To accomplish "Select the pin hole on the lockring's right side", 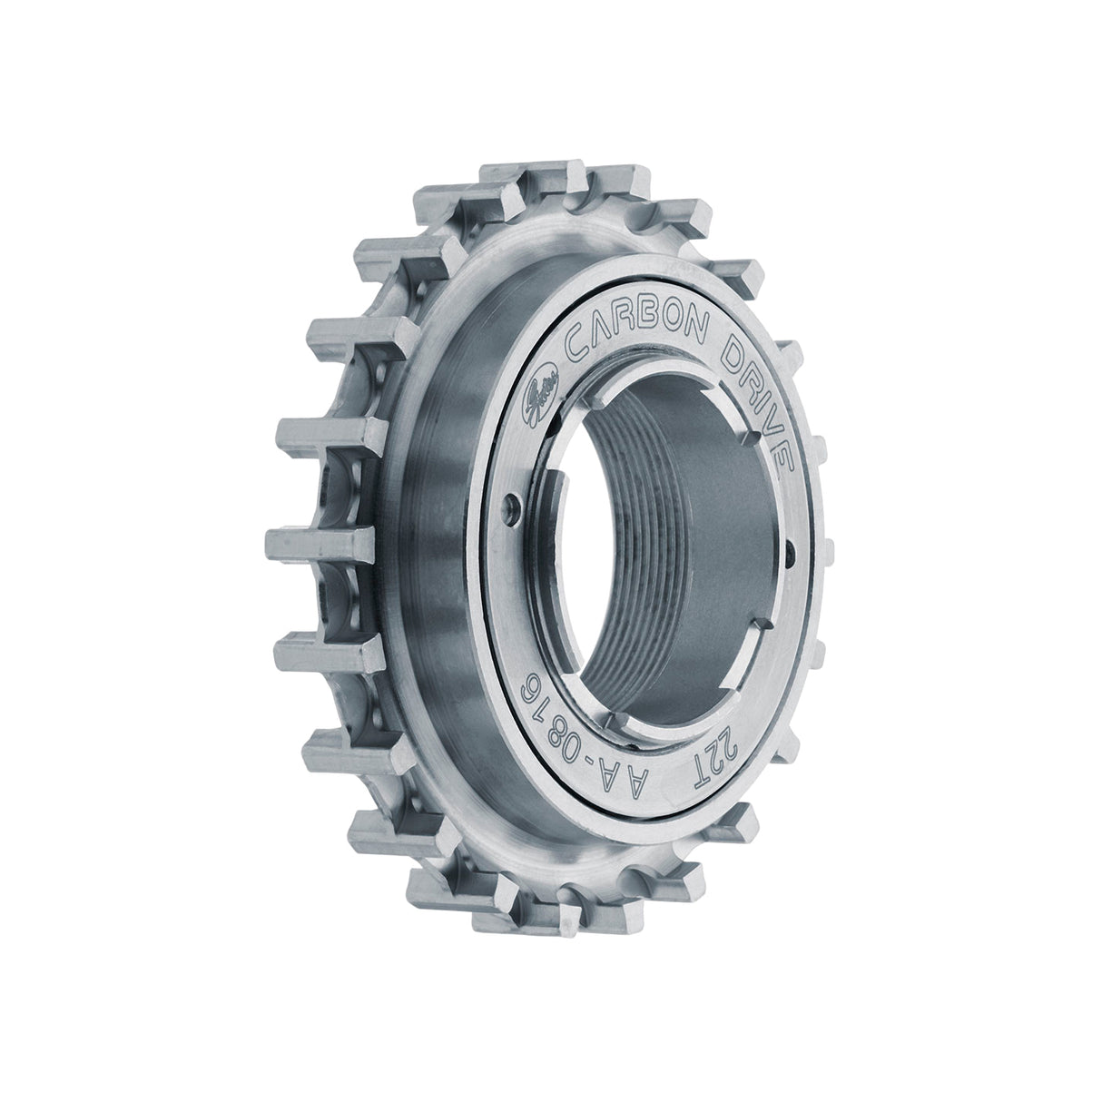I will point(792,546).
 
